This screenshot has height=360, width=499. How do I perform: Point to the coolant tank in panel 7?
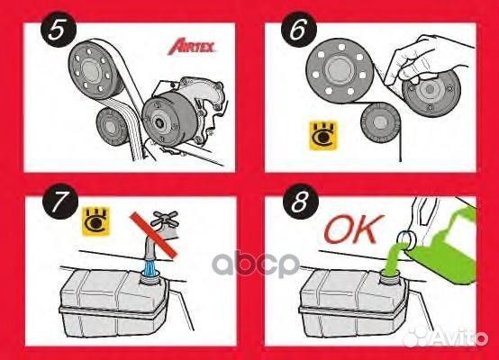click(x=108, y=306)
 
